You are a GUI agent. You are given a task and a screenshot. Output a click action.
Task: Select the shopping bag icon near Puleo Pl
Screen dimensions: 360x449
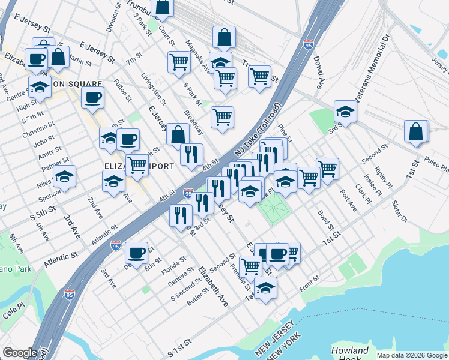(x=416, y=132)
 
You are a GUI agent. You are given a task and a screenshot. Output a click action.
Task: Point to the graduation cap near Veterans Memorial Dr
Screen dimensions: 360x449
(x=345, y=112)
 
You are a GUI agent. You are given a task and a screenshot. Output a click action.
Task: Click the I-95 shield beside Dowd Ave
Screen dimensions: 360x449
(x=308, y=44)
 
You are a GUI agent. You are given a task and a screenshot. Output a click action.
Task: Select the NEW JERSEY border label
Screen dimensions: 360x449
(x=274, y=338)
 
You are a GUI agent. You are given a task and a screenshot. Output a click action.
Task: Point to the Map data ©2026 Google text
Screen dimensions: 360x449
(x=411, y=355)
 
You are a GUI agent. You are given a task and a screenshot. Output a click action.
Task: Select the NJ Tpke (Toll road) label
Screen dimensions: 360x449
(x=257, y=134)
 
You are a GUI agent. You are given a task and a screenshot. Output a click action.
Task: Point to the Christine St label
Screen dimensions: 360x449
(x=38, y=132)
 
